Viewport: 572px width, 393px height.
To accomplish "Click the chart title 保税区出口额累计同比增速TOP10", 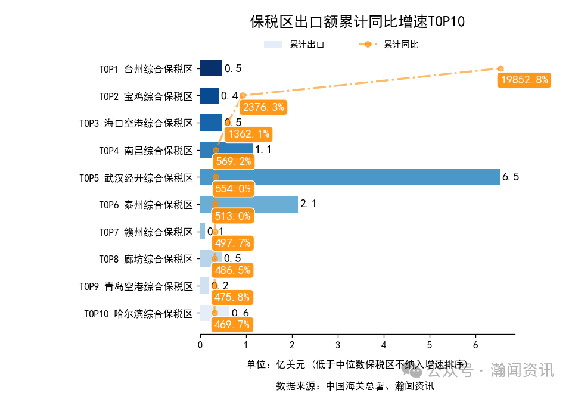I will [357, 22].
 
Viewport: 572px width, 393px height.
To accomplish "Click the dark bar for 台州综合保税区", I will [211, 68].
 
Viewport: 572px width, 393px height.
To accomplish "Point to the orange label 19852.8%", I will [524, 80].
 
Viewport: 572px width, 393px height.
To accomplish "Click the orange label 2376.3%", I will [263, 107].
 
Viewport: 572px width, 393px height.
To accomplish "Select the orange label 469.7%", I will [232, 325].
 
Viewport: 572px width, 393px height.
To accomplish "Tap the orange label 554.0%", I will [232, 189].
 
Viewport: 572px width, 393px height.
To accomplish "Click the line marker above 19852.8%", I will [500, 68].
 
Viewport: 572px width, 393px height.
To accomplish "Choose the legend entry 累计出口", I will [294, 45].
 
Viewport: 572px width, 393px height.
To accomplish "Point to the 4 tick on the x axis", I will [384, 345].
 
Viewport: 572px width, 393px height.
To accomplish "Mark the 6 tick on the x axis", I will [475, 345].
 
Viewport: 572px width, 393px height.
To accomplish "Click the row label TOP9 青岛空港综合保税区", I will [136, 286].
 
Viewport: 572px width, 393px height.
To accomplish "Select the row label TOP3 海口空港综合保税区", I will [136, 123].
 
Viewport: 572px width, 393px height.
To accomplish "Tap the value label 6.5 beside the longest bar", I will [511, 177].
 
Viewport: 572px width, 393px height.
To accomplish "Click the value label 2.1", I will [308, 204].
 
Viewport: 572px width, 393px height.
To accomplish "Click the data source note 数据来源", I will [355, 385].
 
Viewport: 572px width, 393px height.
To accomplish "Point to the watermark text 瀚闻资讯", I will [522, 370].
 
